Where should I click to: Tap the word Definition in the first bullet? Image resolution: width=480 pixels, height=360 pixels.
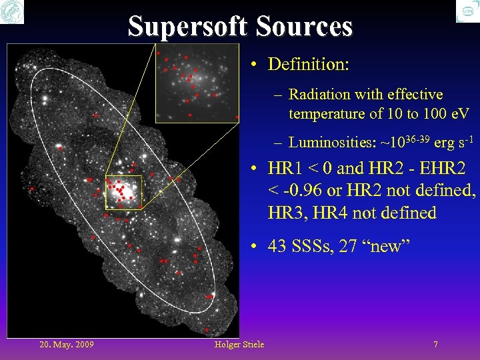point(307,65)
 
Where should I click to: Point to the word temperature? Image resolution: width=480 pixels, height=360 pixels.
point(327,114)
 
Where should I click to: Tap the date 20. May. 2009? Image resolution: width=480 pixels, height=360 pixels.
point(67,345)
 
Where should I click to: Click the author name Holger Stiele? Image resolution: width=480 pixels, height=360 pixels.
point(239,345)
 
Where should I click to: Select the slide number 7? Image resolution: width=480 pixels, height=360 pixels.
point(435,345)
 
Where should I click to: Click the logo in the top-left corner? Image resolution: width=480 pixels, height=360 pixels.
point(12,12)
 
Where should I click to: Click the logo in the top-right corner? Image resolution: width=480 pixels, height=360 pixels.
point(467,12)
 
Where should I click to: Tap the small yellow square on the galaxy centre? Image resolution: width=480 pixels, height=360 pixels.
point(123,193)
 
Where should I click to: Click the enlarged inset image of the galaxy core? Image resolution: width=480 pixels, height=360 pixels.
point(197,83)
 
